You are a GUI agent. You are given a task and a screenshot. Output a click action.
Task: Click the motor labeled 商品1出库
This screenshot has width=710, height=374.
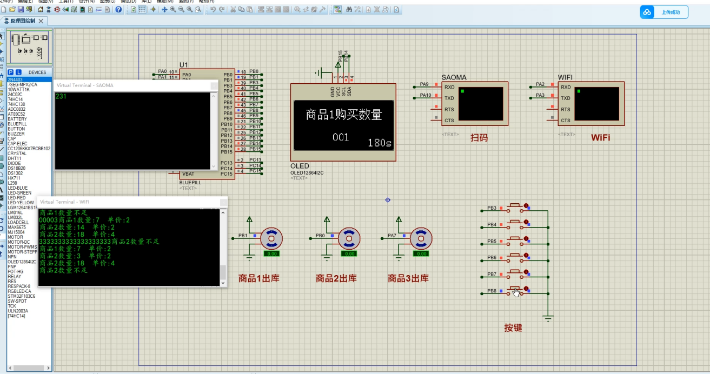point(271,238)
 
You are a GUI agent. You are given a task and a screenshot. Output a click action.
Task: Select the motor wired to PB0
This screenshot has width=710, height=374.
point(349,238)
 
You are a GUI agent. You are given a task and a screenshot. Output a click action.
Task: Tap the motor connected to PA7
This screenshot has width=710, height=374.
point(421,238)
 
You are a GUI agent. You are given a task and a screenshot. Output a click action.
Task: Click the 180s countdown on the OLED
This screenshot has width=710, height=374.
point(379,143)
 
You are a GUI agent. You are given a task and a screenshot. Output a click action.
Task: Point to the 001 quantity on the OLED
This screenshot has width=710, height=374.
point(341,137)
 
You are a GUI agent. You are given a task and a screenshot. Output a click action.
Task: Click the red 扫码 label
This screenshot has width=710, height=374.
point(479,138)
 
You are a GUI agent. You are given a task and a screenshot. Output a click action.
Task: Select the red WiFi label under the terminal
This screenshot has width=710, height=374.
point(600,138)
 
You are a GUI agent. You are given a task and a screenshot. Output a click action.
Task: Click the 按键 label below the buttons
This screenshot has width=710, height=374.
point(513,328)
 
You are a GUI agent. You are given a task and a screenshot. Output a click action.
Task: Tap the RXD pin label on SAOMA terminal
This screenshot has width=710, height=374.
point(449,88)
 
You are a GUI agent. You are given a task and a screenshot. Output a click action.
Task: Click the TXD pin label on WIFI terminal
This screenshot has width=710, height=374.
point(566,98)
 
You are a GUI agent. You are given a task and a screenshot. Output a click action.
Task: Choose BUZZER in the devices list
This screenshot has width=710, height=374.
point(16,134)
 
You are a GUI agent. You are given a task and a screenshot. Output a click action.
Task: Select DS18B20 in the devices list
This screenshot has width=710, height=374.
point(17,168)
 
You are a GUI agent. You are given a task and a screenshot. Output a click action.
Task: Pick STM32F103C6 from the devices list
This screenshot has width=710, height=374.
point(22,296)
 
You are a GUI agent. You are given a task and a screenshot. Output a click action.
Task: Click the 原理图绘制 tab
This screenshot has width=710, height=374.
point(23,21)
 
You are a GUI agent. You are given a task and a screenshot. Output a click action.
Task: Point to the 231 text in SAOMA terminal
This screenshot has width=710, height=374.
point(61,96)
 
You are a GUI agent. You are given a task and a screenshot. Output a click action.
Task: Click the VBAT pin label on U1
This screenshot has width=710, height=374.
point(188,174)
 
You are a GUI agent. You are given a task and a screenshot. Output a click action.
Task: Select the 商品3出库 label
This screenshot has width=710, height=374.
point(408,279)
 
